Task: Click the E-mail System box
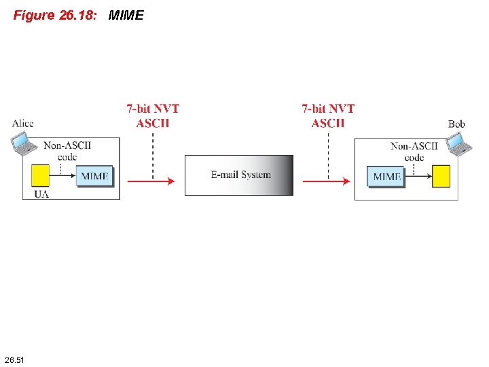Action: click(239, 175)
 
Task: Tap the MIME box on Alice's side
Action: click(94, 176)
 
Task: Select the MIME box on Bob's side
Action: click(387, 177)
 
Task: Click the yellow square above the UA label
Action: click(40, 175)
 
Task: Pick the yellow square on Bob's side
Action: click(441, 176)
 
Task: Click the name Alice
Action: click(22, 123)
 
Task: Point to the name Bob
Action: click(456, 124)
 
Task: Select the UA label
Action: click(41, 194)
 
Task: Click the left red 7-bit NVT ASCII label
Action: click(153, 116)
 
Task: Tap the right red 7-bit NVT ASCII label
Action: click(328, 116)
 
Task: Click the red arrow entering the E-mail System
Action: click(151, 181)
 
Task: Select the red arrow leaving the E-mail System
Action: click(326, 181)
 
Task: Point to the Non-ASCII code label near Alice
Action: click(67, 150)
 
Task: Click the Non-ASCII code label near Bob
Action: click(414, 151)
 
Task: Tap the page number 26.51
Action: click(14, 359)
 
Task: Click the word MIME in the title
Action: click(126, 15)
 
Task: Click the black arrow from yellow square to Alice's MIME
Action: click(62, 175)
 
